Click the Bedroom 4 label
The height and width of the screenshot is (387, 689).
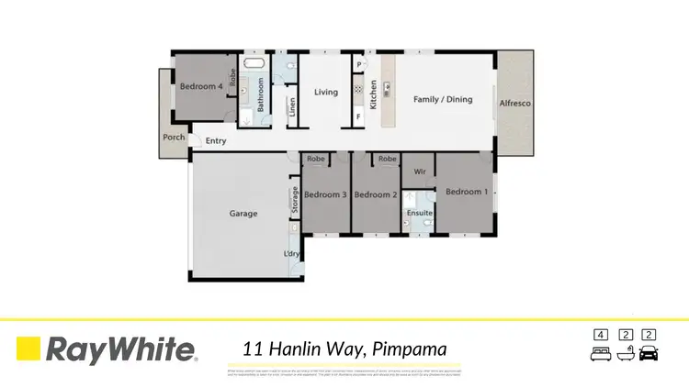pyautogui.click(x=201, y=86)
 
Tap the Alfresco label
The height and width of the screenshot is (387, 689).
pyautogui.click(x=514, y=104)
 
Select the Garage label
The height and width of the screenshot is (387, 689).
pyautogui.click(x=243, y=214)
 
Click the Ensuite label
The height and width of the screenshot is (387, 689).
pyautogui.click(x=419, y=212)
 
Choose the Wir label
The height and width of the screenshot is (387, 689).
pyautogui.click(x=419, y=171)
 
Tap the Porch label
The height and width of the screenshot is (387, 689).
pyautogui.click(x=174, y=138)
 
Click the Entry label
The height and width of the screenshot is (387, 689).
pyautogui.click(x=216, y=140)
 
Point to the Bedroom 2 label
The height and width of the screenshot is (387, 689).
pyautogui.click(x=375, y=194)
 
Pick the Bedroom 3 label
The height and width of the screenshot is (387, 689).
pyautogui.click(x=325, y=194)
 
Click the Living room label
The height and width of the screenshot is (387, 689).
pyautogui.click(x=326, y=92)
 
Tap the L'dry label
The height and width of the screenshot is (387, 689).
pyautogui.click(x=292, y=253)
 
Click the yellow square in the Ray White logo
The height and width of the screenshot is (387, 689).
pyautogui.click(x=28, y=348)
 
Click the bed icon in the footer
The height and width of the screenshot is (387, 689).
pyautogui.click(x=601, y=353)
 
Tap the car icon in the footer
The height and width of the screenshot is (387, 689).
pyautogui.click(x=649, y=353)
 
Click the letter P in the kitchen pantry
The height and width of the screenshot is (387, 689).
pyautogui.click(x=359, y=65)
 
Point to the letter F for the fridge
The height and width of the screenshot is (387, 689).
pyautogui.click(x=359, y=116)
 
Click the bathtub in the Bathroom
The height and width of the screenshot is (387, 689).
pyautogui.click(x=254, y=65)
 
